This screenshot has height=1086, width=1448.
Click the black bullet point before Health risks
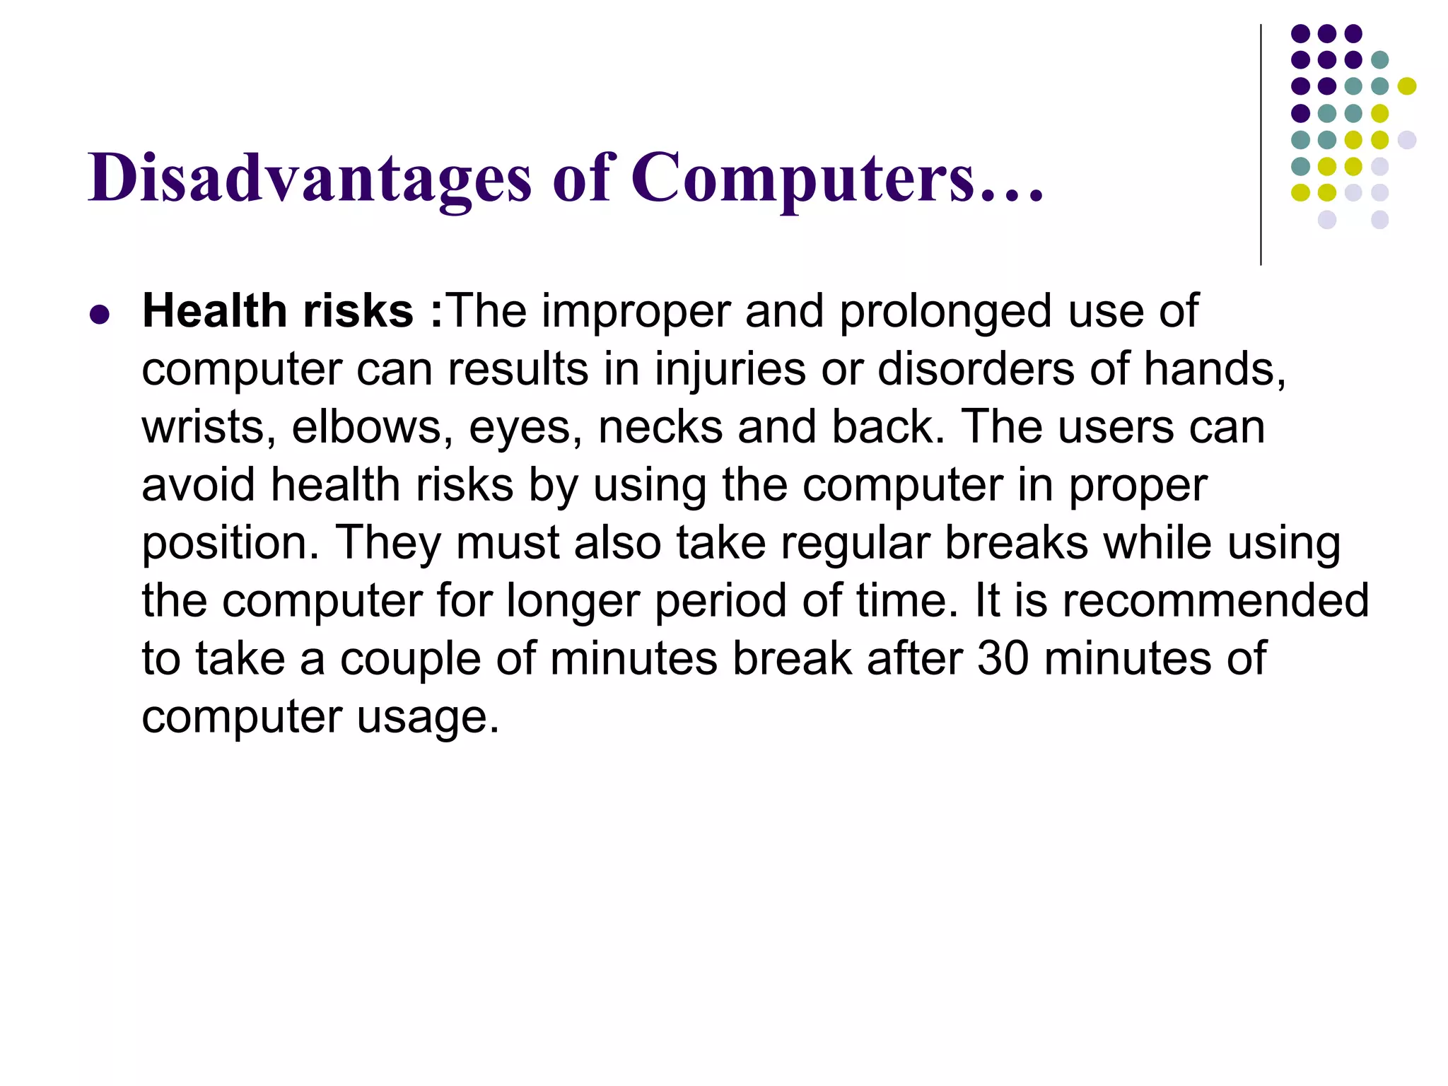point(100,314)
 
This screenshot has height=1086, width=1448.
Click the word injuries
point(730,370)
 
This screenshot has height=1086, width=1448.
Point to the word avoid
point(198,486)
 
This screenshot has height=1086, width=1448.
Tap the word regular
point(855,544)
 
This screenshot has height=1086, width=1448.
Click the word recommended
point(1215,602)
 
